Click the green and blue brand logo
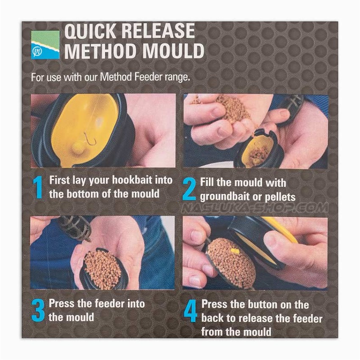(x=45, y=45)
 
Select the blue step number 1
(x=38, y=187)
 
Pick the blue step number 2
(x=189, y=189)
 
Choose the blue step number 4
(x=191, y=311)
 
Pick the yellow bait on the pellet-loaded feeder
(x=235, y=252)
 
